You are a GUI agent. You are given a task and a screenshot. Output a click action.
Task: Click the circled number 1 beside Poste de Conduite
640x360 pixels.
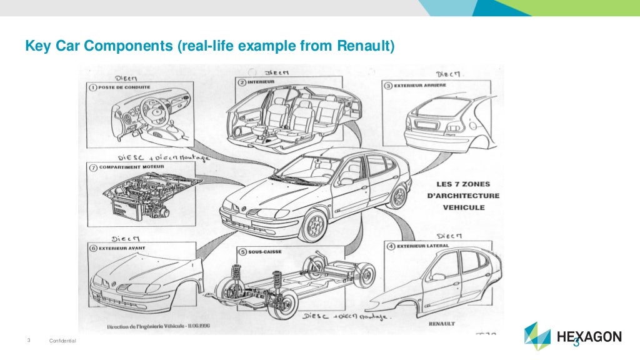(91, 87)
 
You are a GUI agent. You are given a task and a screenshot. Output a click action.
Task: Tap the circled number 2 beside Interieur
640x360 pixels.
(241, 82)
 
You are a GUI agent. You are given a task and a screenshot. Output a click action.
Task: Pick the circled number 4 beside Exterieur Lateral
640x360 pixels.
(390, 246)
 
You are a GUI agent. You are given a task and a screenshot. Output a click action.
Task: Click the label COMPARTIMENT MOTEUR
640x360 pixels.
(127, 167)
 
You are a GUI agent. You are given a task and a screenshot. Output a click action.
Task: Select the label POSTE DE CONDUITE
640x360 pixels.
(123, 87)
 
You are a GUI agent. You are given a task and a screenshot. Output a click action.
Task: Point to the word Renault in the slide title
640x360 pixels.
(366, 45)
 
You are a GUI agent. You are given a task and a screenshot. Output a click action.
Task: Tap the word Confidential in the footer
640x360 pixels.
(62, 341)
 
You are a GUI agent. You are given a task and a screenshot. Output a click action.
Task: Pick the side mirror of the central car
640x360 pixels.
(346, 181)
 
